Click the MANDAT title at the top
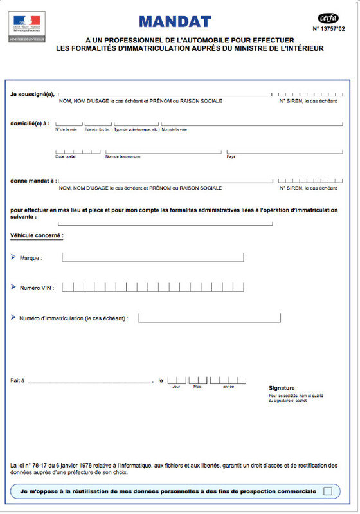coord(174,22)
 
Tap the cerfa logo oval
coord(328,18)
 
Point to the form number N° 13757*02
coord(333,29)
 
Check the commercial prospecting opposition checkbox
coord(328,491)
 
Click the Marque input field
coord(153,257)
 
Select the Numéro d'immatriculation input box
coord(210,318)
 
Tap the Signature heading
coord(282,388)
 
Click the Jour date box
coord(176,380)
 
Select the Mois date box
coord(197,380)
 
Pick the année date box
coord(228,380)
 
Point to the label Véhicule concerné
coord(37,235)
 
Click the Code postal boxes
coord(78,152)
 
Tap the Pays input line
coord(282,153)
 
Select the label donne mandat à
coord(33,181)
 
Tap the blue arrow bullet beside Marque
coord(14,257)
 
